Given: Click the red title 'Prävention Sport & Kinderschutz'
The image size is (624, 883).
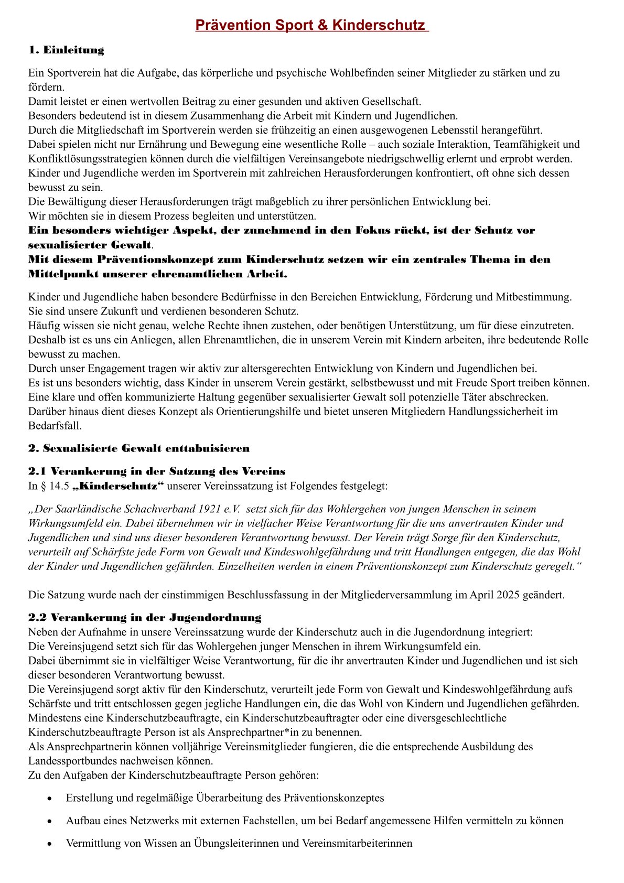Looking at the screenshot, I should pyautogui.click(x=311, y=25).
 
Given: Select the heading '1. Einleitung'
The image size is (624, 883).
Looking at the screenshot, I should pyautogui.click(x=66, y=50).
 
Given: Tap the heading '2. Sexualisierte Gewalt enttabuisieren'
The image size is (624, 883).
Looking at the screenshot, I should pyautogui.click(x=139, y=448).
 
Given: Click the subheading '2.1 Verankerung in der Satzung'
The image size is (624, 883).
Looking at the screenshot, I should pyautogui.click(x=157, y=471).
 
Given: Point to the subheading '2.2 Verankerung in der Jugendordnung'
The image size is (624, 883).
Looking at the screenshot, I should pyautogui.click(x=145, y=618).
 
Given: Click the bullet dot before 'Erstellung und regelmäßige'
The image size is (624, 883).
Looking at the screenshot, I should pyautogui.click(x=49, y=799).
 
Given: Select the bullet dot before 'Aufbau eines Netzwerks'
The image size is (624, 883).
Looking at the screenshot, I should pyautogui.click(x=49, y=821).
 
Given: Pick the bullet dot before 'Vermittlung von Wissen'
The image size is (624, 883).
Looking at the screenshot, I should pyautogui.click(x=49, y=844).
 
